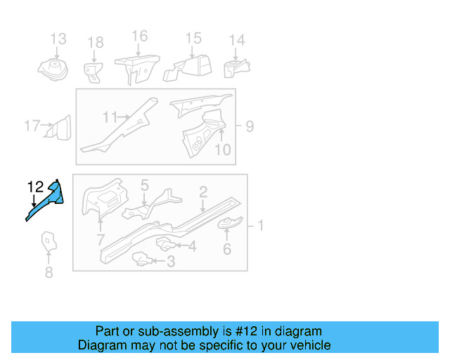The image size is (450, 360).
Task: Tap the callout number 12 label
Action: [35, 187]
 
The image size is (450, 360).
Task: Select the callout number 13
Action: [58, 39]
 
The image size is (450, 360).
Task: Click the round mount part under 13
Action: [53, 70]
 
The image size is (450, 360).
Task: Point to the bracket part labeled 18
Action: [94, 72]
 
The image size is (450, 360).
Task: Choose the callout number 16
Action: [139, 36]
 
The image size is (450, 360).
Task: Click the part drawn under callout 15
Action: [188, 68]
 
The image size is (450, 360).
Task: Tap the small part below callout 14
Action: [237, 68]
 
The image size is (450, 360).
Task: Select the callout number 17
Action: [32, 126]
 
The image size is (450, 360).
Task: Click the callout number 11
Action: [110, 117]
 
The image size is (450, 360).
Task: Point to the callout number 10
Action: [223, 150]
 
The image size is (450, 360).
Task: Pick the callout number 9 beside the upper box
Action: [250, 127]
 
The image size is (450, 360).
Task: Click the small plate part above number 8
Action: [49, 241]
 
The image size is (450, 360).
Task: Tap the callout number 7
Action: [100, 240]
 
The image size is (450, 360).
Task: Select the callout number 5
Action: [145, 185]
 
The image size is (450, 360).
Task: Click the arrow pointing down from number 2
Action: [203, 206]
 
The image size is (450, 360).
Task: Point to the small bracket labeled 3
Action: [142, 259]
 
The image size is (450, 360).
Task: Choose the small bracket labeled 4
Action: [166, 244]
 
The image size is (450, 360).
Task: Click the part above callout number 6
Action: [230, 223]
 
